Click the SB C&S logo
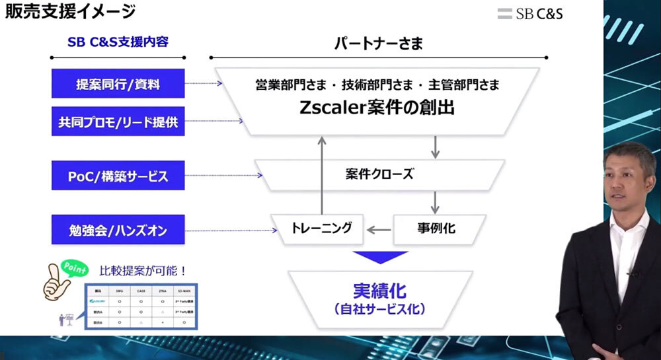click(530, 13)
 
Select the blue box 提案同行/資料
click(118, 84)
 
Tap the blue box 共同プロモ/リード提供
click(118, 122)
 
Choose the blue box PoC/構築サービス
click(118, 176)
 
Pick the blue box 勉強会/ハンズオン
click(118, 231)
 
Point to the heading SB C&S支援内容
click(118, 42)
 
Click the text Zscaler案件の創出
click(379, 108)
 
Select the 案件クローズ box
click(379, 175)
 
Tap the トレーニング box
click(319, 229)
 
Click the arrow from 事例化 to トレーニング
click(379, 230)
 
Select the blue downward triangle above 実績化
click(378, 257)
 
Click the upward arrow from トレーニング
click(322, 174)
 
